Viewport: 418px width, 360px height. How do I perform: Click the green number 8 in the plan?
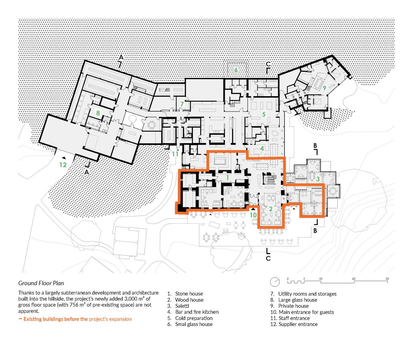click(x=98, y=113)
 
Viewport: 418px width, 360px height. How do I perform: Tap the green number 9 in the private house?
click(x=325, y=88)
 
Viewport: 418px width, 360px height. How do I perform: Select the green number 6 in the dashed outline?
click(x=236, y=70)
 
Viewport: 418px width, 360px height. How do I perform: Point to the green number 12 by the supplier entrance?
click(x=63, y=165)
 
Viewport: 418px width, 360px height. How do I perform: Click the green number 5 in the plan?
click(x=264, y=114)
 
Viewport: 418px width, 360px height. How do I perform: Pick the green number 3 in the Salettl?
click(x=318, y=179)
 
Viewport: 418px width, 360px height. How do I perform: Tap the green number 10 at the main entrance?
click(x=253, y=215)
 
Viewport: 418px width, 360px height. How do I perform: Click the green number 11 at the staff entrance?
click(x=175, y=154)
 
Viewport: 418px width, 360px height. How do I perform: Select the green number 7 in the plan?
click(x=182, y=104)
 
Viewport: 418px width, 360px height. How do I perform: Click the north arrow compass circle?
click(x=275, y=282)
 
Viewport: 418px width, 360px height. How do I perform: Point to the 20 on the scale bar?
click(x=353, y=279)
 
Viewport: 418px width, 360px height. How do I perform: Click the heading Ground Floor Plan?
click(x=41, y=283)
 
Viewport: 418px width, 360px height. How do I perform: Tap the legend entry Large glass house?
click(x=297, y=300)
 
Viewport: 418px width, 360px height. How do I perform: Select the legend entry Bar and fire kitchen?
click(x=197, y=312)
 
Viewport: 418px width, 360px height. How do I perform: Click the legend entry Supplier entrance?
click(x=298, y=324)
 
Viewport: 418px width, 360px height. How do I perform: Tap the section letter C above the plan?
click(x=268, y=64)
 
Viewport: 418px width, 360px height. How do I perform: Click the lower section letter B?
click(x=315, y=231)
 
